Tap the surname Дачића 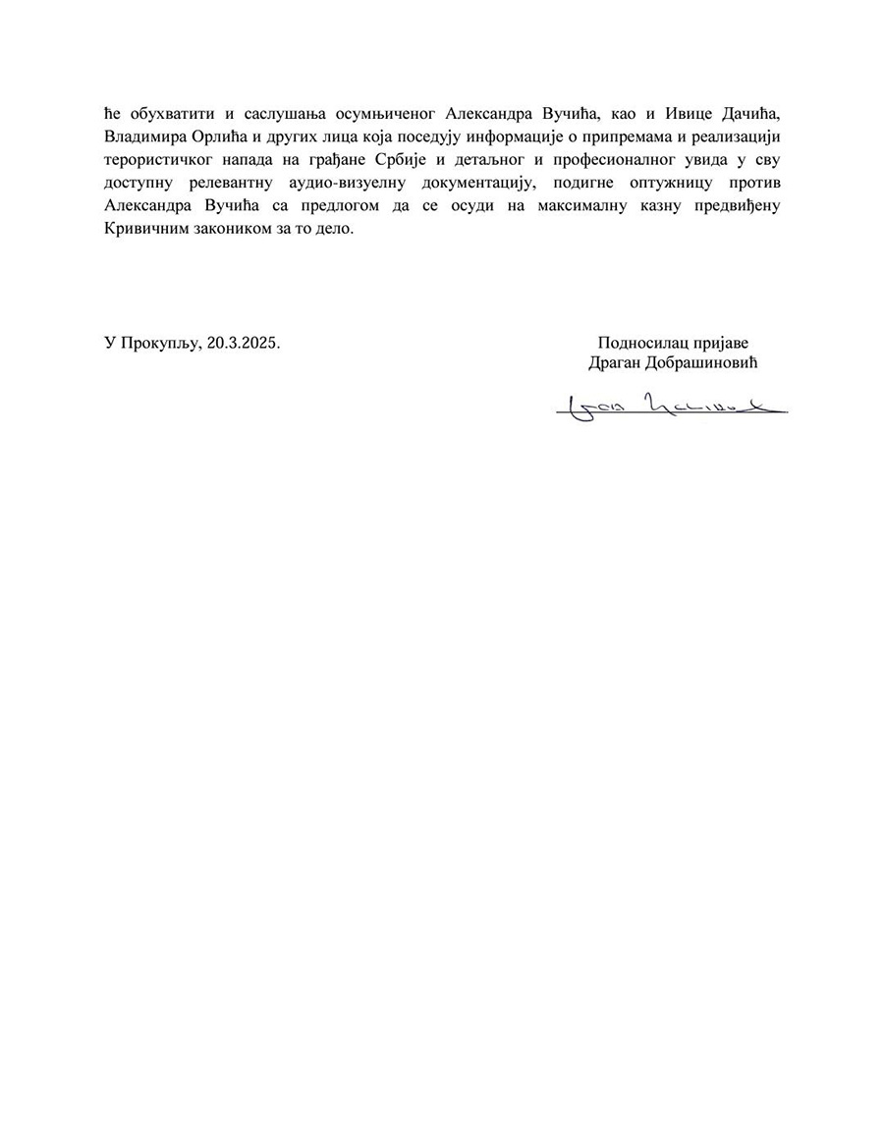(x=745, y=105)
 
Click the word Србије (x=411, y=157)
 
